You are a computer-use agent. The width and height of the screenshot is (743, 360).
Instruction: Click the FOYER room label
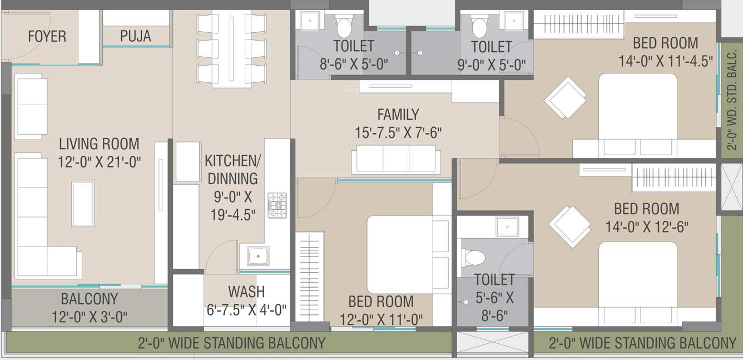47,37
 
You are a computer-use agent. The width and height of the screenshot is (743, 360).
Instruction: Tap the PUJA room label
135,37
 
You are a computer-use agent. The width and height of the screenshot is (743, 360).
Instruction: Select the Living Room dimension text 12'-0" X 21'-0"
100,162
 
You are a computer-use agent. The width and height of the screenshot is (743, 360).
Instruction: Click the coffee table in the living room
83,204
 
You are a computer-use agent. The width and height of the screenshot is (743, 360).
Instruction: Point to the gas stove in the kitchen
277,205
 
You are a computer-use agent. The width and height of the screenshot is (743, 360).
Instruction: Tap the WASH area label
246,292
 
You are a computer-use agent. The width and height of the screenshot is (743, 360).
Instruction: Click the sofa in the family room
397,159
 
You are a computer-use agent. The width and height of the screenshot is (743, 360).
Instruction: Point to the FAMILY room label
398,115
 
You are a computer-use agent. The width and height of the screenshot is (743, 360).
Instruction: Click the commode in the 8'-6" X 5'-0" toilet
344,25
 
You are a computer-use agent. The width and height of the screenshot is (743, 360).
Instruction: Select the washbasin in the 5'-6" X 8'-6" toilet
507,226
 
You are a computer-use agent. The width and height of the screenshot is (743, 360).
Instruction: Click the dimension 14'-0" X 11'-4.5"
666,61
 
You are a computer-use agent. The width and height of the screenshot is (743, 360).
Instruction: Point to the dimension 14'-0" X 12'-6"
646,227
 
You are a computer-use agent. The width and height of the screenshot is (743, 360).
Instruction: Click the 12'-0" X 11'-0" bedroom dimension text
380,319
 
